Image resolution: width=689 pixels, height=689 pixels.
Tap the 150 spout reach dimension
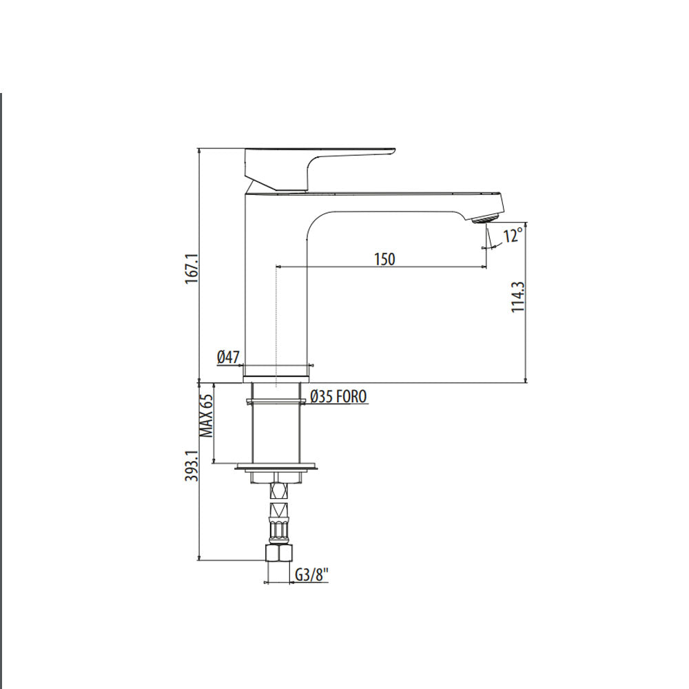384,259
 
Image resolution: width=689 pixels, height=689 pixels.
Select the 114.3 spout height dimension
518,297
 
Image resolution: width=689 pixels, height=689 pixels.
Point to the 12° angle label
513,236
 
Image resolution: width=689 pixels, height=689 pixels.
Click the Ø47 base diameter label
228,357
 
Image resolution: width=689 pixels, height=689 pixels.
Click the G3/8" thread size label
309,575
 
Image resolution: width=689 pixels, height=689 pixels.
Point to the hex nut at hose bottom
277,553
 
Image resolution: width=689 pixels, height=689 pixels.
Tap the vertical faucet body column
276,289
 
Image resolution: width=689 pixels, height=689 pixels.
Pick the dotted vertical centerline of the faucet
276,331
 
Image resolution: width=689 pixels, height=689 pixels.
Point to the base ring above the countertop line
277,372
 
